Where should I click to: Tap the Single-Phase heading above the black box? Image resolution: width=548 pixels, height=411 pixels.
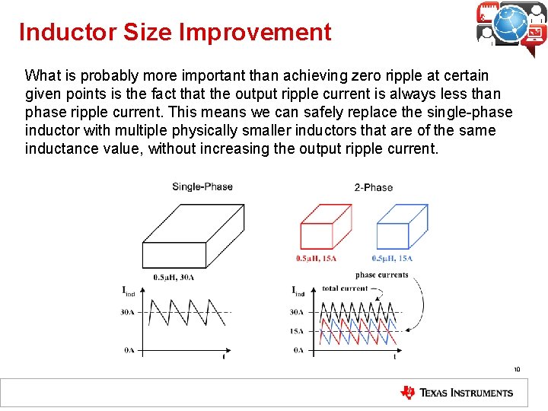(202, 186)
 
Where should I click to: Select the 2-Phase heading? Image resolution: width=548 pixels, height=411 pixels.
(373, 187)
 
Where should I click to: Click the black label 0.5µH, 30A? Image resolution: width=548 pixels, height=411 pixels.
(174, 277)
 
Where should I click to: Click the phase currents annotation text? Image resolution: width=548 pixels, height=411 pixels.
(382, 276)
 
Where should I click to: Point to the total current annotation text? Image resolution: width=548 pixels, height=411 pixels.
(345, 288)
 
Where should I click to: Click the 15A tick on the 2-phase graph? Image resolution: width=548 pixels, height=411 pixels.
(296, 331)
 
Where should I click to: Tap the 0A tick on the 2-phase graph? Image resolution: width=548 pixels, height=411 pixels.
(296, 350)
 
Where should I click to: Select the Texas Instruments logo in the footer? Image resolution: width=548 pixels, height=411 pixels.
(457, 393)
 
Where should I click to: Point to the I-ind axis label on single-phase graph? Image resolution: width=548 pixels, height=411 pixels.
(129, 291)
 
